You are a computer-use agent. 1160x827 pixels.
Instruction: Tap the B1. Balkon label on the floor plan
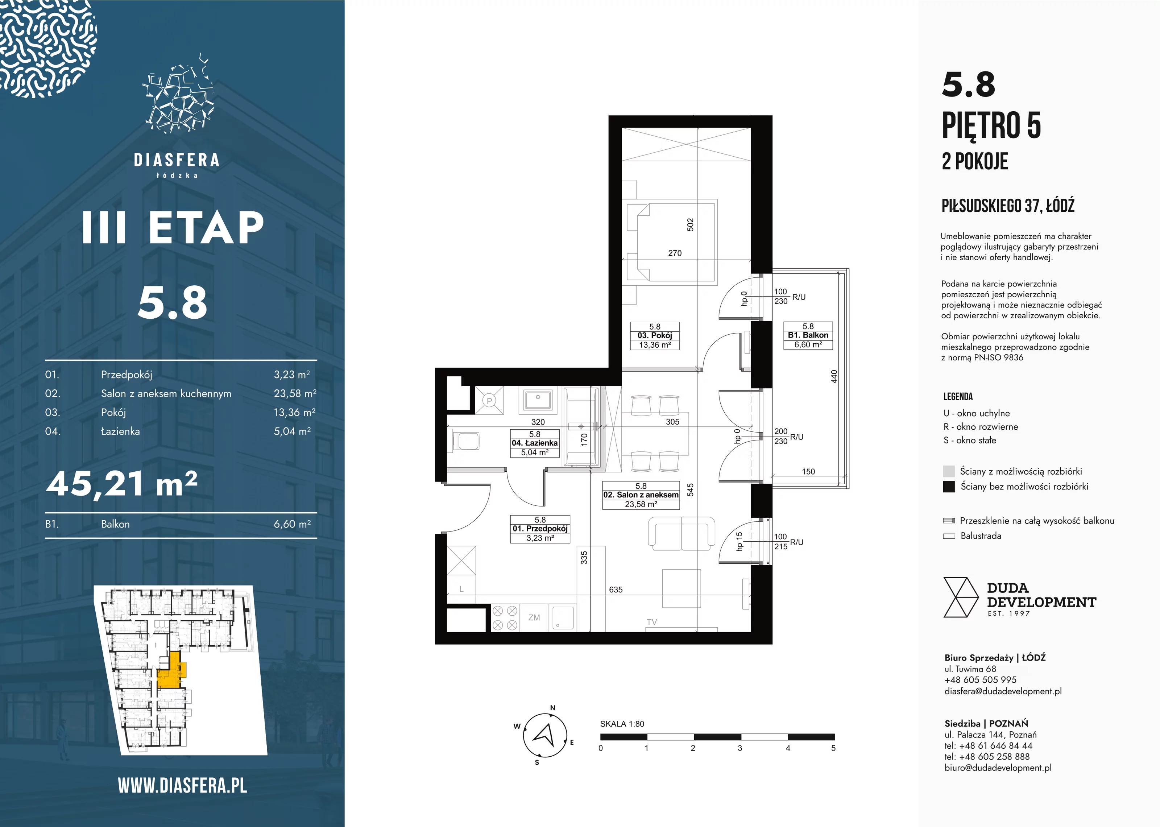808,335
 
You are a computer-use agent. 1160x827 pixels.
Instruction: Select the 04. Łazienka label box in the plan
534,443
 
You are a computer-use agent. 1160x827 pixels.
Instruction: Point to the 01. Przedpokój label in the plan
540,529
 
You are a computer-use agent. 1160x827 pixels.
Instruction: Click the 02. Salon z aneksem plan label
641,495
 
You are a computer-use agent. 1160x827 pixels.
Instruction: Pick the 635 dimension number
616,589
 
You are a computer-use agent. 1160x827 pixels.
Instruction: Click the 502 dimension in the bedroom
690,224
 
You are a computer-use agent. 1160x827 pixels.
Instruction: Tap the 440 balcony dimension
834,376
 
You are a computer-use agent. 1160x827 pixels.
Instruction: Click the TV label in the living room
651,622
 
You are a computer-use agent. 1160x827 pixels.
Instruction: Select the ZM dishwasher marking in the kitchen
534,617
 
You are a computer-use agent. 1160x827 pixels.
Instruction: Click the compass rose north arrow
544,734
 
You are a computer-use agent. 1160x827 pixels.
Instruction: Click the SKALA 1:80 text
622,724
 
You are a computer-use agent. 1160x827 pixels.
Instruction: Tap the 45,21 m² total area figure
122,483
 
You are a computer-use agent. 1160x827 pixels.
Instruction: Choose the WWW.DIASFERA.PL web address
182,785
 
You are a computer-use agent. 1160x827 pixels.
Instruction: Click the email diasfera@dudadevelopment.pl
1003,691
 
